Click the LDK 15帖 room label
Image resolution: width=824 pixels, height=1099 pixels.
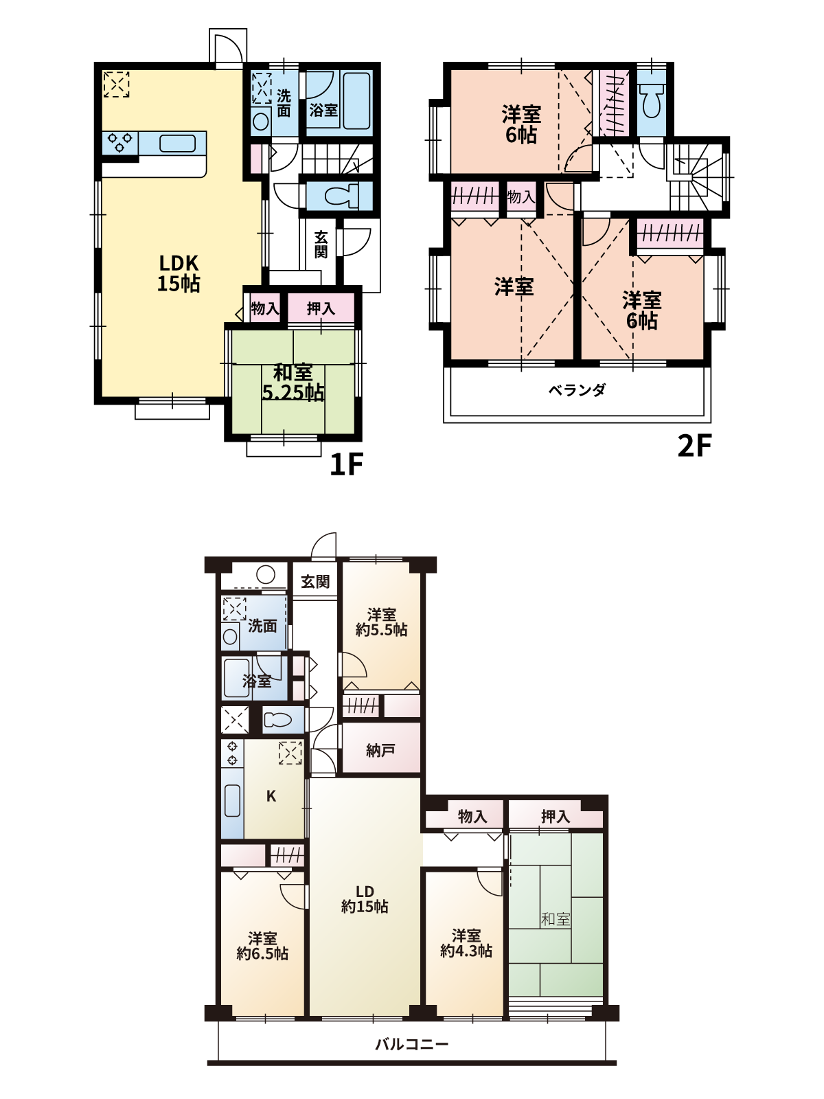tap(179, 273)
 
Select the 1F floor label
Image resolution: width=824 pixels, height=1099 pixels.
tap(346, 464)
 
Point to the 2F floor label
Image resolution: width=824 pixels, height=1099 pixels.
tap(694, 445)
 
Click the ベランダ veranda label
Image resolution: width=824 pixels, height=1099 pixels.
tap(577, 389)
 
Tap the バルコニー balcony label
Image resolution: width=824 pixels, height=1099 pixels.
tap(412, 1044)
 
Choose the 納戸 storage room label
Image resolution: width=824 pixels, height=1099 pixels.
tap(380, 750)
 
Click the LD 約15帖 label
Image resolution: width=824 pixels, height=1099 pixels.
tap(365, 899)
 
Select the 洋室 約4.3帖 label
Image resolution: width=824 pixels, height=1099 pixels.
tap(466, 943)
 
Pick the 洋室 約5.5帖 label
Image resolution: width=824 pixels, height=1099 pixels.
tap(381, 622)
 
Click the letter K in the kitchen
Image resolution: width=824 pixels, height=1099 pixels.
tap(271, 796)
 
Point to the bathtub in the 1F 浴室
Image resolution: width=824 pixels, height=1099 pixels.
tap(356, 101)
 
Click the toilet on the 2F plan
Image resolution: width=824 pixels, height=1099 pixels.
tap(652, 101)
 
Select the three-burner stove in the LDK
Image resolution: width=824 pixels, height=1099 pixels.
tap(120, 142)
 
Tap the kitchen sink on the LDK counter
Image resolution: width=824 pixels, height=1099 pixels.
tap(178, 143)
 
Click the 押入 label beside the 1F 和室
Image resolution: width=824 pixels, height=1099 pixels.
tap(321, 308)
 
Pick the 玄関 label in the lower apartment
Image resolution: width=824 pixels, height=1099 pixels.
tap(315, 582)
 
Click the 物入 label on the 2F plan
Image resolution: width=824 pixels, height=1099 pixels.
tap(520, 196)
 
